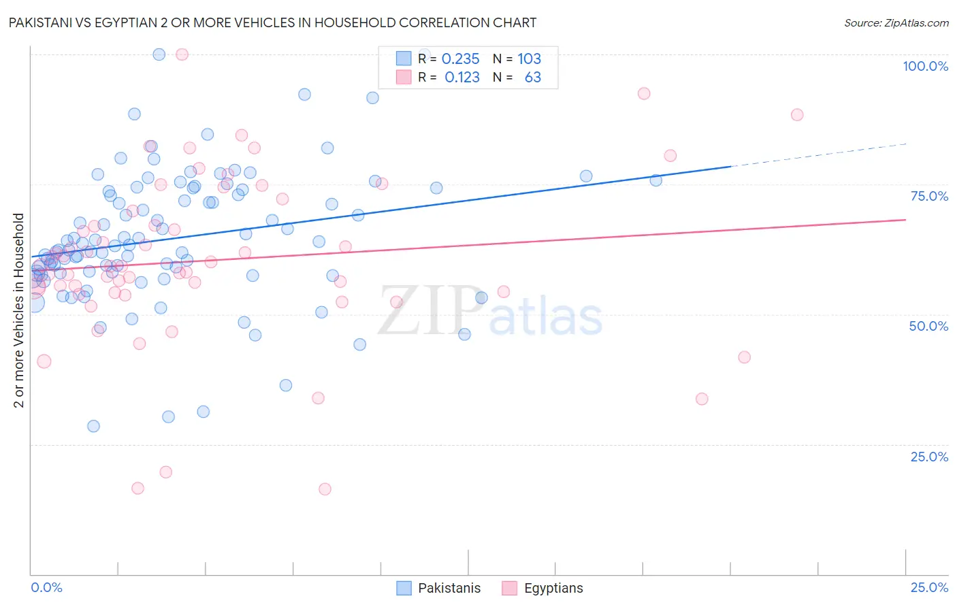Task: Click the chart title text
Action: tap(272, 23)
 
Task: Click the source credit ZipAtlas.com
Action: tap(896, 23)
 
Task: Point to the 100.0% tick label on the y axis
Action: tap(925, 66)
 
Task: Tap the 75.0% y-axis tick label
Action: tap(928, 196)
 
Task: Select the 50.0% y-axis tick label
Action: tap(928, 326)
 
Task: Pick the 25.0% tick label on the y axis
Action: tap(928, 457)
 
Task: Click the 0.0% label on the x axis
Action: tap(46, 587)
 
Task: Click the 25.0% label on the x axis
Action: tap(928, 587)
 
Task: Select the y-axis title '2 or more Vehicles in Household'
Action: tap(19, 310)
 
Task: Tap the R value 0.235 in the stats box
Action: tap(461, 59)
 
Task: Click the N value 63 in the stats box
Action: tap(532, 78)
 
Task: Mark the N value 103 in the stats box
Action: tap(529, 59)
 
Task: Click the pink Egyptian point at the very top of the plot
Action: tap(182, 54)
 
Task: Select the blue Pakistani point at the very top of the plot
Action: tap(159, 54)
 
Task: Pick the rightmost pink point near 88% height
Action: tap(797, 114)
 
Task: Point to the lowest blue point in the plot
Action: tap(93, 426)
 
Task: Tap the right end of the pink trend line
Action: tap(905, 220)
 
